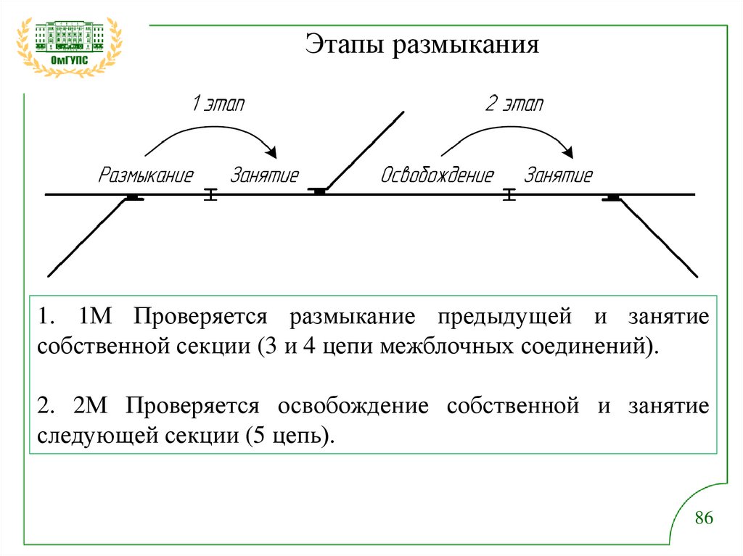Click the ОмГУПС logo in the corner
[70, 45]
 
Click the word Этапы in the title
[345, 45]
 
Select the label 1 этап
[218, 104]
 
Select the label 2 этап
[514, 104]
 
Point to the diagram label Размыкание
[147, 175]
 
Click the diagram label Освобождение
[438, 175]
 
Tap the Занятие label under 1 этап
[265, 175]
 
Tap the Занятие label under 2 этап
[559, 175]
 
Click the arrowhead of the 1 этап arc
[272, 152]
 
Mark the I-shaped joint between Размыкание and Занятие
[210, 194]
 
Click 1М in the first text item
[94, 317]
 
